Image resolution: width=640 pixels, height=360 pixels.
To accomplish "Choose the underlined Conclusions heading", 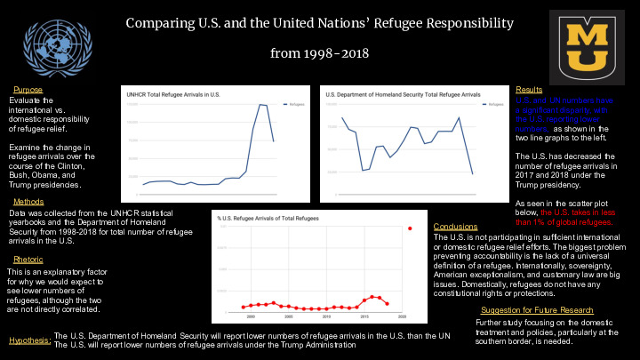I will tap(455, 227).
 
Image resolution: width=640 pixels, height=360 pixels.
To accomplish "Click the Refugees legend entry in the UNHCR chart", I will tap(291, 104).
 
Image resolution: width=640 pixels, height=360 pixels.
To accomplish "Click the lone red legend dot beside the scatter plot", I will tap(410, 228).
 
